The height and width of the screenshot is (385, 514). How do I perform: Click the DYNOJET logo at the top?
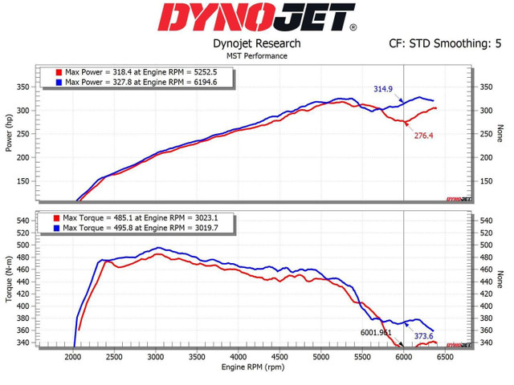[256, 18]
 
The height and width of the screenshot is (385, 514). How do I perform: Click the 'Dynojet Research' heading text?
[256, 43]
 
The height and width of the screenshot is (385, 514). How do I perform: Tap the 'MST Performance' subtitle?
[257, 56]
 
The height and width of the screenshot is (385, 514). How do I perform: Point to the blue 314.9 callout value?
[382, 88]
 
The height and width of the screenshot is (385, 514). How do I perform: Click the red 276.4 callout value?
[423, 136]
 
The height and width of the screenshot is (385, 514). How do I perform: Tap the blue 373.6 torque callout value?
[423, 336]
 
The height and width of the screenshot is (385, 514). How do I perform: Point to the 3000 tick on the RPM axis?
[156, 357]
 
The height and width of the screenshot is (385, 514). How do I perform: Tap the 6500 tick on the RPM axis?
[445, 357]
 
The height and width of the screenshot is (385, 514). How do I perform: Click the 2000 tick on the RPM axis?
[73, 357]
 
